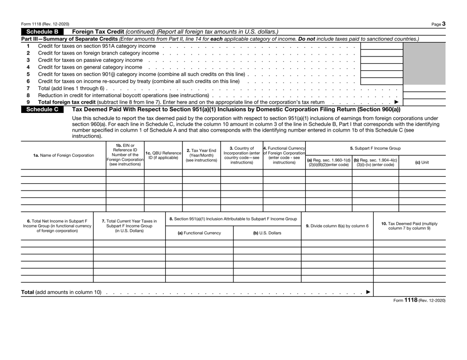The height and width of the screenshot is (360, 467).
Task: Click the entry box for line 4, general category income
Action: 381,67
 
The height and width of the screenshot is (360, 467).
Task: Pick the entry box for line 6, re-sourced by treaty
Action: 381,81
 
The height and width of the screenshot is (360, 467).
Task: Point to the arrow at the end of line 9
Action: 397,102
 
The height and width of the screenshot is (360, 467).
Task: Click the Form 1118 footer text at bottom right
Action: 416,301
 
